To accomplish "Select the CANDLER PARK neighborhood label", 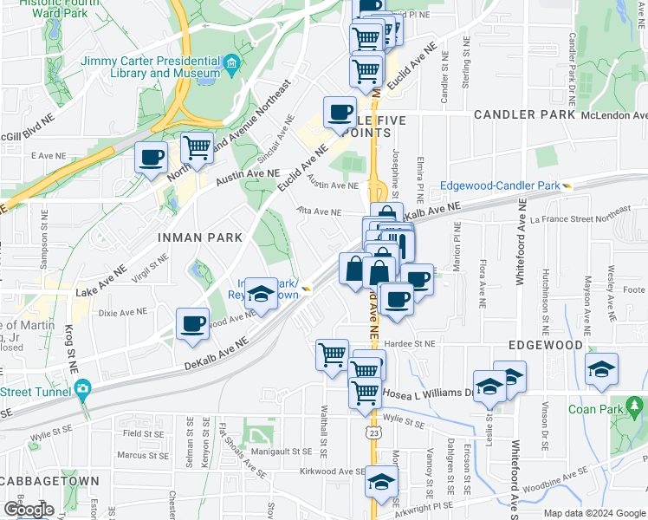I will (524, 114).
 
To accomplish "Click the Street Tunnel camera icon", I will (82, 387).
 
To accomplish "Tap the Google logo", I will (28, 510).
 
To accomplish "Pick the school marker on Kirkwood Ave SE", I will (380, 482).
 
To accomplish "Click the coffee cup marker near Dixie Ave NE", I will (192, 324).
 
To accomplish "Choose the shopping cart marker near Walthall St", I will (332, 354).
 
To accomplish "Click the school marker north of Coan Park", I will (601, 369).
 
